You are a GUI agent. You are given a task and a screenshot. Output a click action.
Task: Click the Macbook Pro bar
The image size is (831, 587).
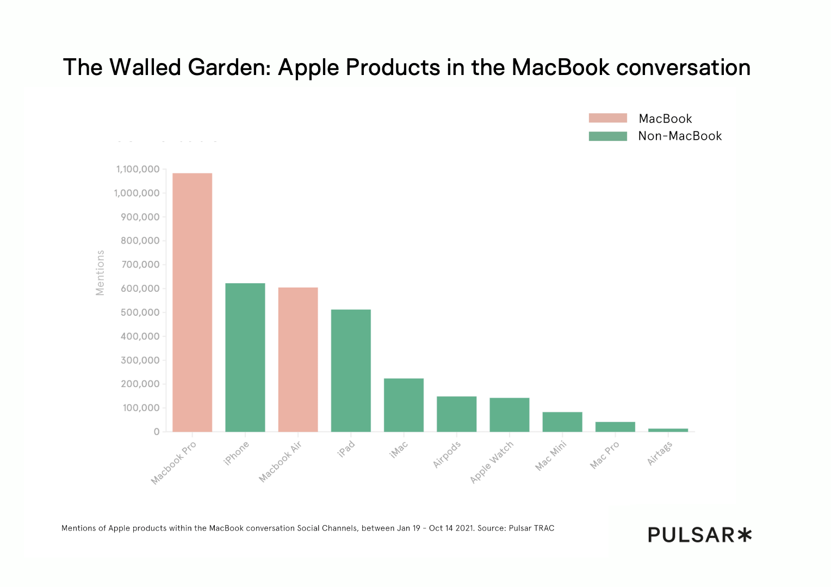[193, 302]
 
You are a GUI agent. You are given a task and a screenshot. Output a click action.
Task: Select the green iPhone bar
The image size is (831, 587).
[245, 357]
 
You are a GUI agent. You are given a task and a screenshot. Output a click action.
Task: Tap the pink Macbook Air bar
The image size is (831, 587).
[298, 359]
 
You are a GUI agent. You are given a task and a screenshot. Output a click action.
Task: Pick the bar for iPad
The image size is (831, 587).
[351, 370]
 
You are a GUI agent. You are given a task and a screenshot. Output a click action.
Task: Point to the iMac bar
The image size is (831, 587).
[404, 405]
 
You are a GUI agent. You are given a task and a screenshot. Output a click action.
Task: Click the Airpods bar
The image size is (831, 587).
[456, 414]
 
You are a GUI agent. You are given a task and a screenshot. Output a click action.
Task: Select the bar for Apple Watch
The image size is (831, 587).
[509, 415]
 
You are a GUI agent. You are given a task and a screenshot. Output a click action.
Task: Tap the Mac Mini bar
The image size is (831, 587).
[562, 422]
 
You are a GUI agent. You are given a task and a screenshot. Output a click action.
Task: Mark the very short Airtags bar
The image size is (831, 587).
[668, 430]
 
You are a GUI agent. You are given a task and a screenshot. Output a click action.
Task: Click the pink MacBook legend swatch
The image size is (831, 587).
[607, 118]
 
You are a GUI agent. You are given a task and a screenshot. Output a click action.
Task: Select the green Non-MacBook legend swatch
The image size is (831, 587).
[607, 136]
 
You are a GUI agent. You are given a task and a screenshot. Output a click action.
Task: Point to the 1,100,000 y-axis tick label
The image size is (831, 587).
[138, 170]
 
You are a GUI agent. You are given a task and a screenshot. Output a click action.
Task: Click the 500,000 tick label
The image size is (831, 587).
[140, 313]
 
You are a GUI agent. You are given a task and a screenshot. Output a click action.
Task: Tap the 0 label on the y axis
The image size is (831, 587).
[157, 432]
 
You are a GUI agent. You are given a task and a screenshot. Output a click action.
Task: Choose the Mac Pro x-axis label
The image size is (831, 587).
[605, 455]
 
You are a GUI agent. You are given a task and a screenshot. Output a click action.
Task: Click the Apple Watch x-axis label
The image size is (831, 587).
[492, 462]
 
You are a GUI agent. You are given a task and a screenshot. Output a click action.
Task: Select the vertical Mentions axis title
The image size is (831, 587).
[100, 273]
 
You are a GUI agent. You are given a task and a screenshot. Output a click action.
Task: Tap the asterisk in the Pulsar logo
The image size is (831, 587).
[745, 535]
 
